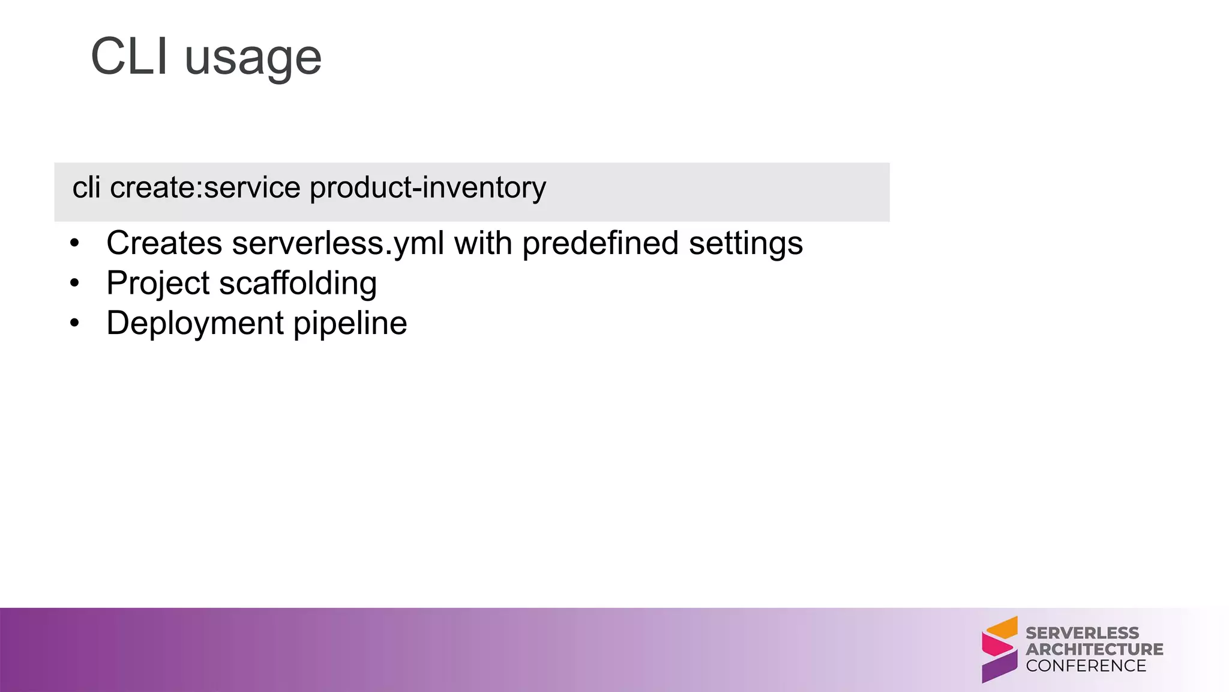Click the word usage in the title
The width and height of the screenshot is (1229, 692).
253,59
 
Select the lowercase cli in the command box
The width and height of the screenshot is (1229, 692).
86,187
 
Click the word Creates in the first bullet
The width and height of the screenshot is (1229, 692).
164,243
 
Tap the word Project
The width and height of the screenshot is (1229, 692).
158,284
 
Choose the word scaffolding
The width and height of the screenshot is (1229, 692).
298,284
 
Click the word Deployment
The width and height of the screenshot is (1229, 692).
195,324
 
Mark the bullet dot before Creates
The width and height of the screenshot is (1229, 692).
74,243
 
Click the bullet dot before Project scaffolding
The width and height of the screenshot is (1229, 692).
74,283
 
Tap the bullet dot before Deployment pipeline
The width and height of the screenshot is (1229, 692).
74,323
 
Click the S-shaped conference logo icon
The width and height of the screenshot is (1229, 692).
999,649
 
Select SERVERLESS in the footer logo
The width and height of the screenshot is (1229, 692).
1082,633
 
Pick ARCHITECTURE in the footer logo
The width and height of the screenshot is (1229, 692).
1094,649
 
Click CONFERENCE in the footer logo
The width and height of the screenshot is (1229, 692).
1086,666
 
